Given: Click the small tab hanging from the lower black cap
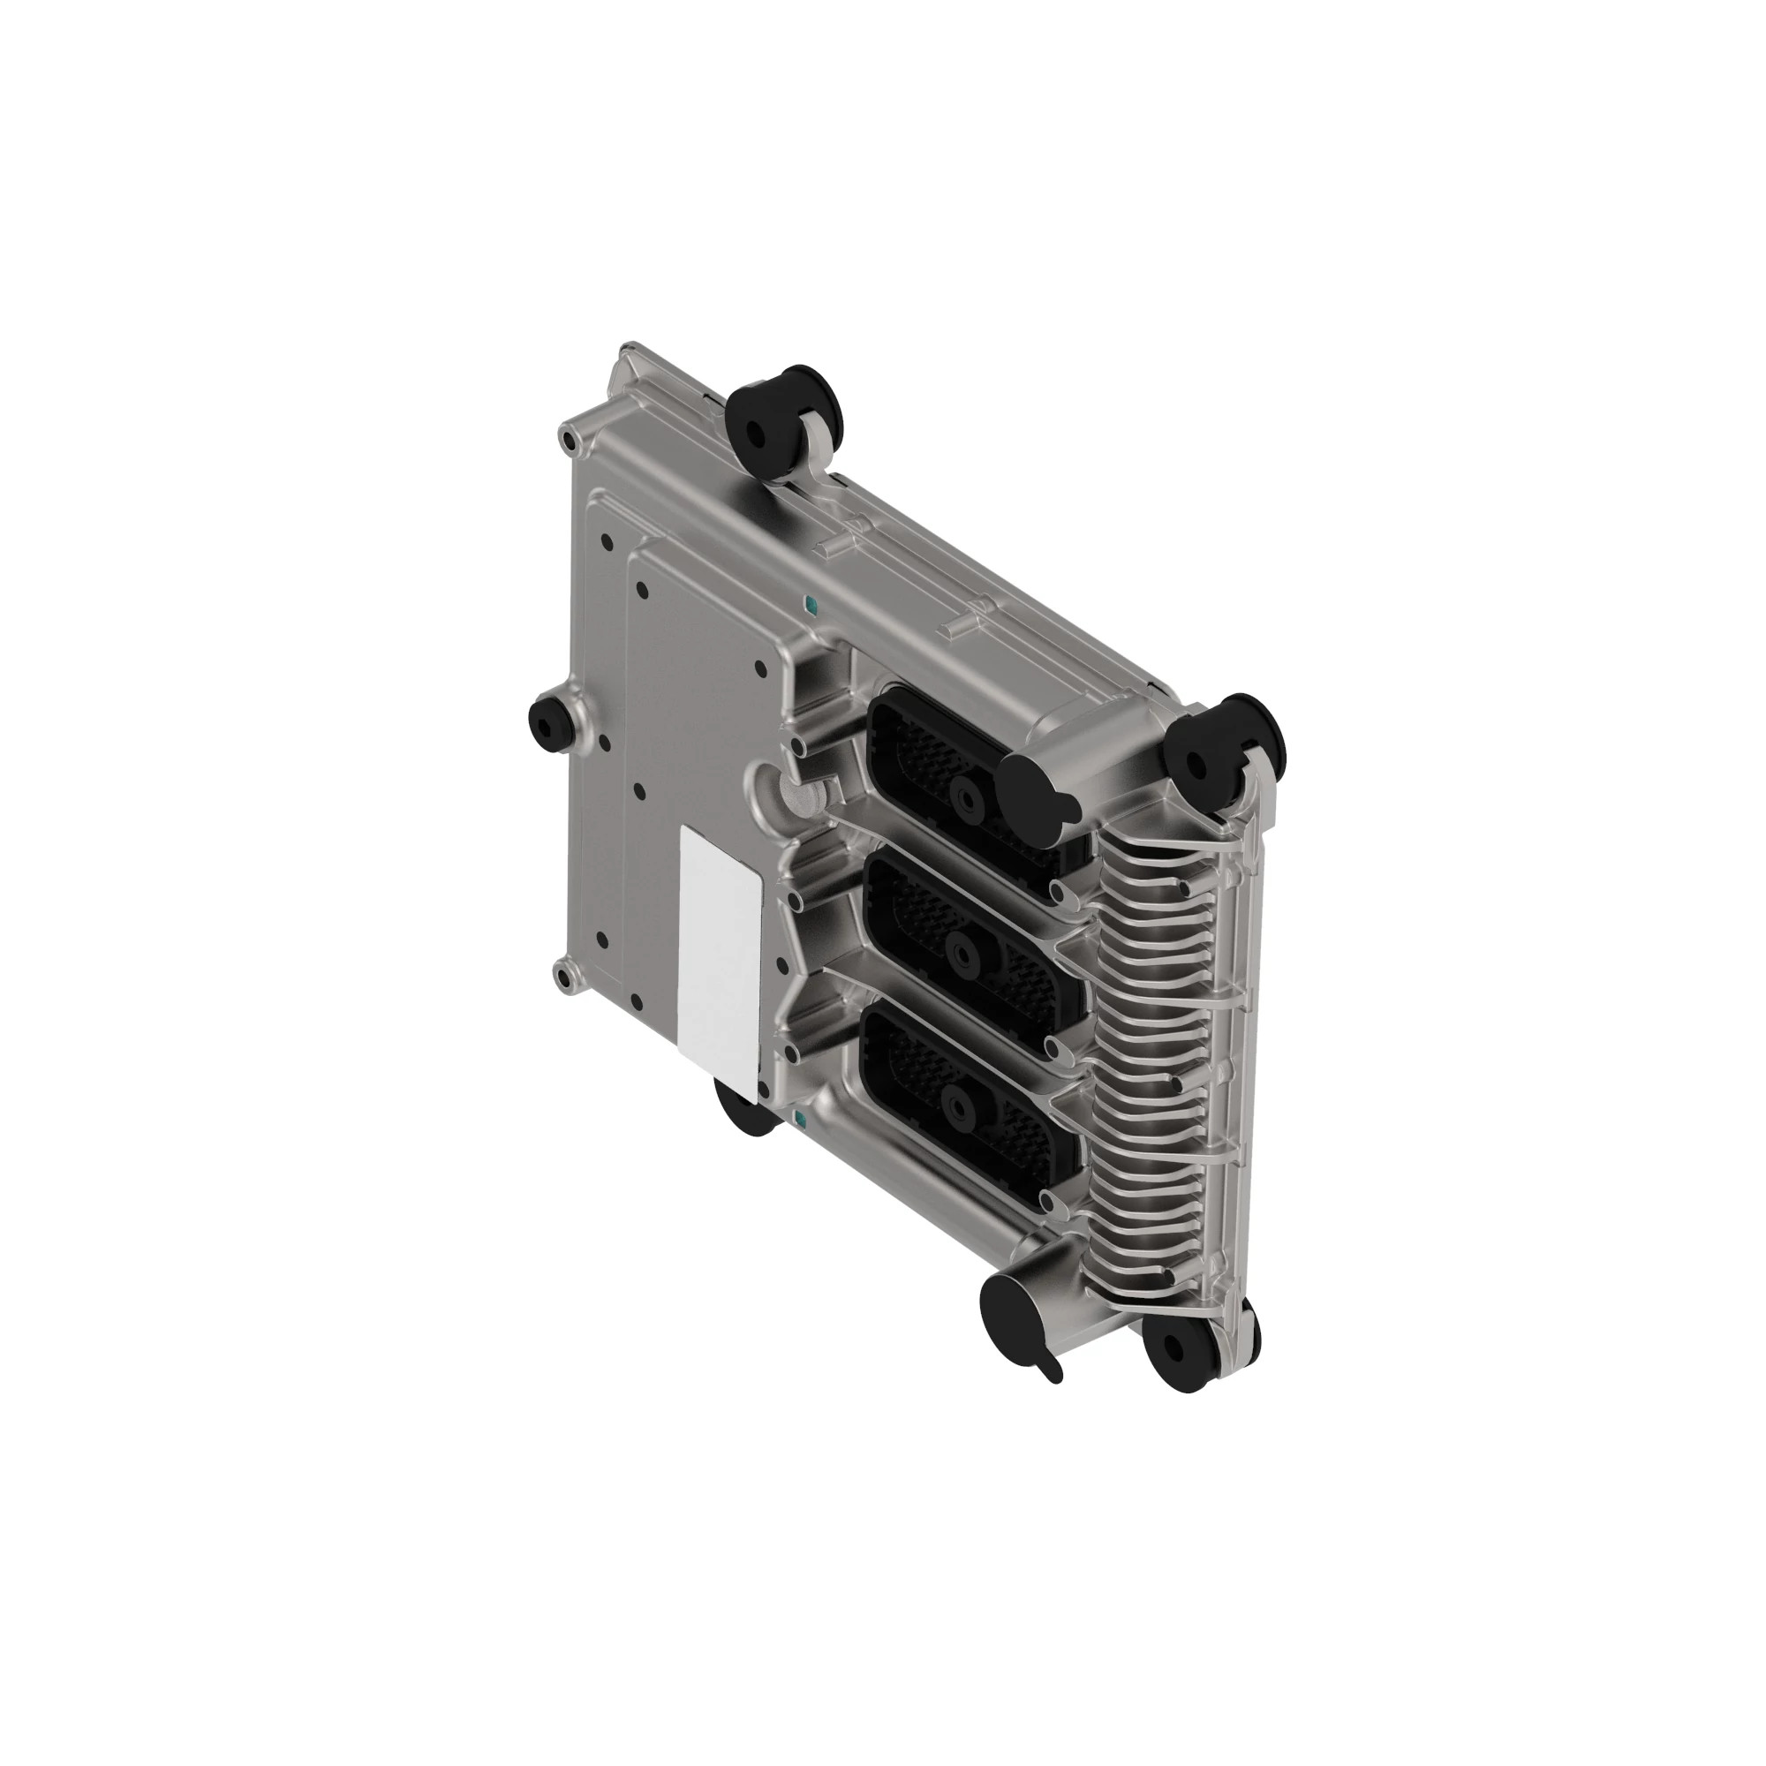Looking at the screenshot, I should [x=1051, y=1370].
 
